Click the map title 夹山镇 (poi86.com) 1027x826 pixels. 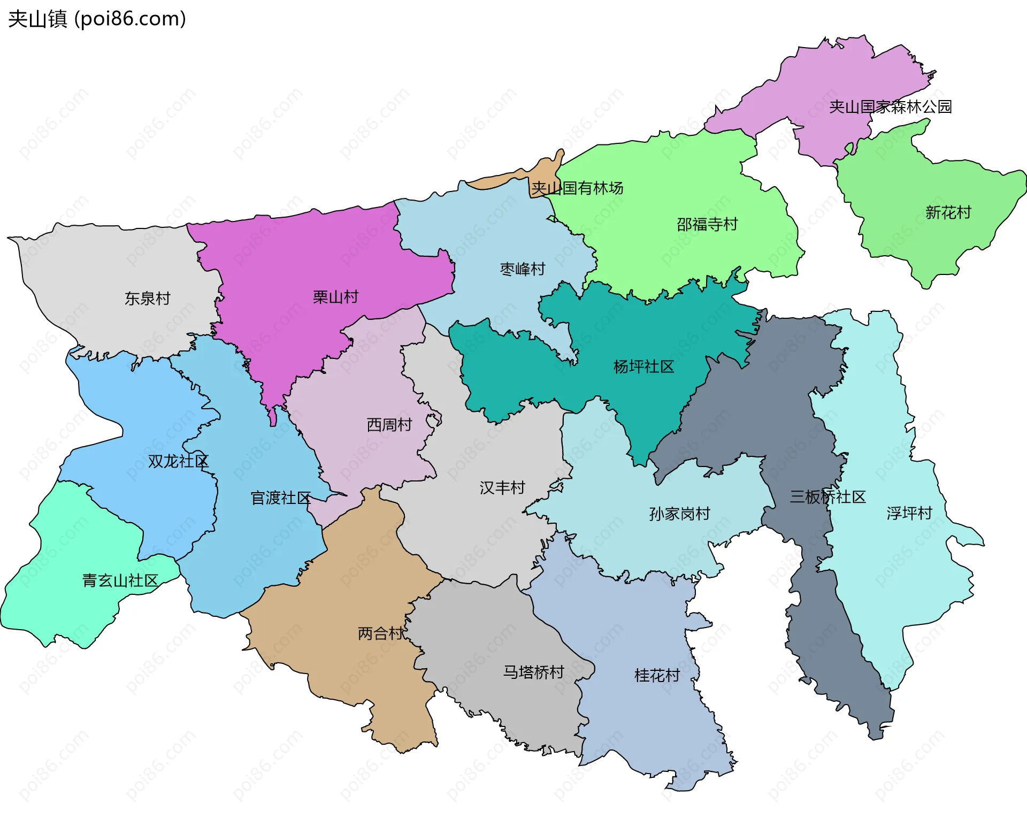(97, 19)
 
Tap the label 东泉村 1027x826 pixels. (147, 299)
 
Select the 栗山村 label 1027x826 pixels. (335, 297)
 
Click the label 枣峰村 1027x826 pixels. (522, 269)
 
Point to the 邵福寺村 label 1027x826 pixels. (707, 224)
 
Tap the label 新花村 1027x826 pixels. (948, 213)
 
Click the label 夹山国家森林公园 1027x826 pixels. (890, 107)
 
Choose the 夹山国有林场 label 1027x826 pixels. (577, 188)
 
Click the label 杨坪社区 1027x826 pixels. (643, 367)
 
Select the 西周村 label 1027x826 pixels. (389, 425)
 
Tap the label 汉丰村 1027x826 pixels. (502, 488)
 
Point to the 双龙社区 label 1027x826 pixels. (178, 461)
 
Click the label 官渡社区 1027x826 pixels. (280, 498)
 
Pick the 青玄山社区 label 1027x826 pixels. (120, 580)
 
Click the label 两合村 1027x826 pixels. (380, 633)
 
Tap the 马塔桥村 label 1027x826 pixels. (533, 672)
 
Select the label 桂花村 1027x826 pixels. (656, 676)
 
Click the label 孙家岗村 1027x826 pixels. (679, 514)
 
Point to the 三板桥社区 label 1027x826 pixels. (827, 497)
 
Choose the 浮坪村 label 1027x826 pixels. (909, 514)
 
